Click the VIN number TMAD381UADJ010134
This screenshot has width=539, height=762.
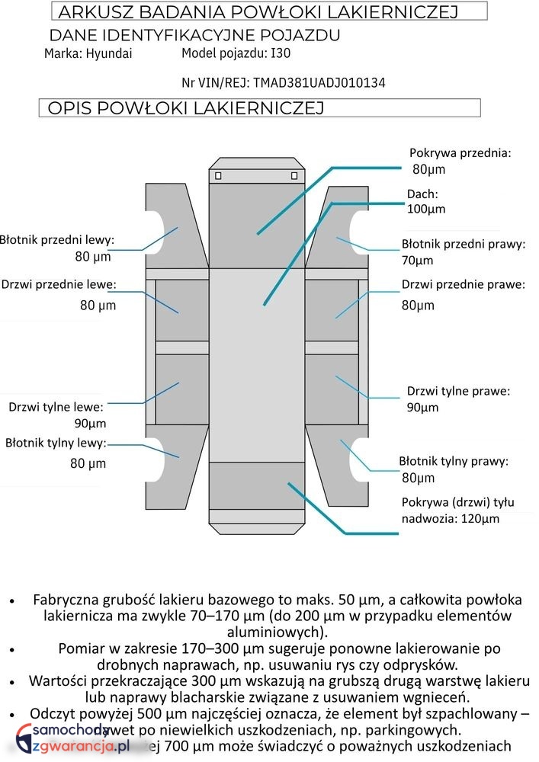click(x=319, y=82)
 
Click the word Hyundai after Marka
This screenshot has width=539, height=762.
click(x=109, y=53)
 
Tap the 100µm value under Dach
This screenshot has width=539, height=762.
click(x=426, y=209)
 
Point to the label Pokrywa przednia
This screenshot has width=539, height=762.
click(x=460, y=152)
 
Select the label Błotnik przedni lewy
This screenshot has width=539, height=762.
click(x=56, y=240)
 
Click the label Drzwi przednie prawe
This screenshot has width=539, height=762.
click(x=463, y=285)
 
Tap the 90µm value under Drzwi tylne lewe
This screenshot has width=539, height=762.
click(x=90, y=424)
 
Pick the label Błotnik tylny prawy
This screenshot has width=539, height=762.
click(x=453, y=461)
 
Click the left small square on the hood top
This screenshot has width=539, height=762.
click(x=218, y=176)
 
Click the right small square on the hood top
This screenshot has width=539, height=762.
click(x=294, y=176)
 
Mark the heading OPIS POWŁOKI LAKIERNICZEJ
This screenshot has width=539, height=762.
click(x=186, y=108)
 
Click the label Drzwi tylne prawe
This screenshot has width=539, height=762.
click(x=458, y=391)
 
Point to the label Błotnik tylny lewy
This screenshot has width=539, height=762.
click(x=56, y=443)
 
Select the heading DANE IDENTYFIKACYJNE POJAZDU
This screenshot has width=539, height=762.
click(x=194, y=35)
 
